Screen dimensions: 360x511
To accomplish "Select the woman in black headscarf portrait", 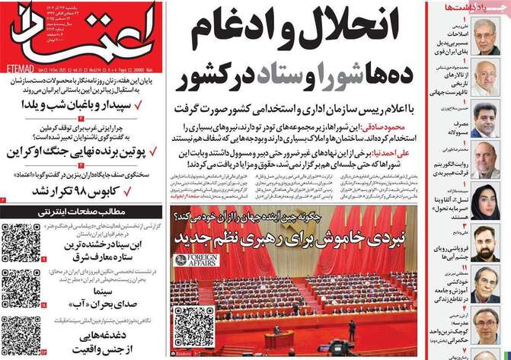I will [x=486, y=204].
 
